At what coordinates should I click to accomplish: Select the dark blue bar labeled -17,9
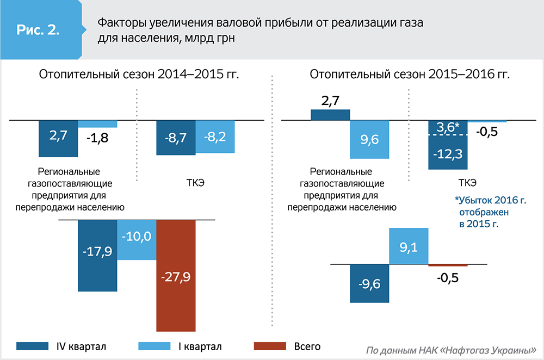[97, 256]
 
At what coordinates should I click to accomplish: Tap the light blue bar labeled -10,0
[137, 239]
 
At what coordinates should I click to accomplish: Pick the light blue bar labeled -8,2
[215, 136]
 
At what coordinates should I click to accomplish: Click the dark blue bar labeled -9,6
[369, 283]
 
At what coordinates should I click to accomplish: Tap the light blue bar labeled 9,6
[369, 139]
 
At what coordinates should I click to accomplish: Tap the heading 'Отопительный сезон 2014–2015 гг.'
[139, 75]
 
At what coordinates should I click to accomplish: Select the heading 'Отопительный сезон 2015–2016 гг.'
[410, 75]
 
